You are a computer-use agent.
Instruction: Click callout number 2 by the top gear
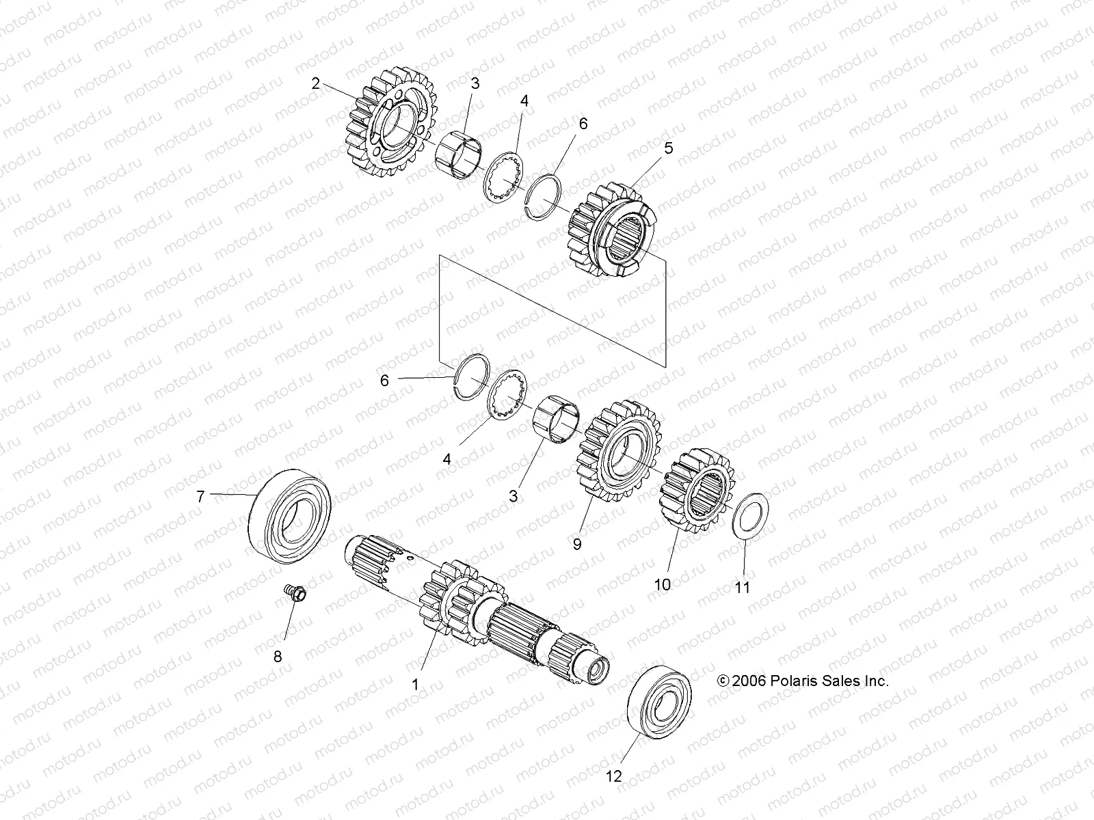tap(315, 84)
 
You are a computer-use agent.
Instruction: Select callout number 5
tap(668, 148)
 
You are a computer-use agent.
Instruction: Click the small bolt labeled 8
tap(296, 594)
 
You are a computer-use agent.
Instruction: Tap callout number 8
tap(278, 657)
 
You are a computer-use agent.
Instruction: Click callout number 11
tap(742, 587)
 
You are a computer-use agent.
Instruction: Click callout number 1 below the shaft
tap(414, 683)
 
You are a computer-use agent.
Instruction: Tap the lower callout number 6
tap(384, 381)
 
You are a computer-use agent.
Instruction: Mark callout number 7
tap(200, 497)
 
